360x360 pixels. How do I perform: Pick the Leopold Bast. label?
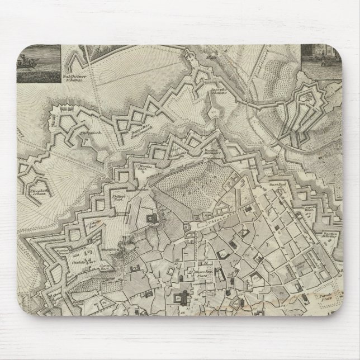coord(325,216)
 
